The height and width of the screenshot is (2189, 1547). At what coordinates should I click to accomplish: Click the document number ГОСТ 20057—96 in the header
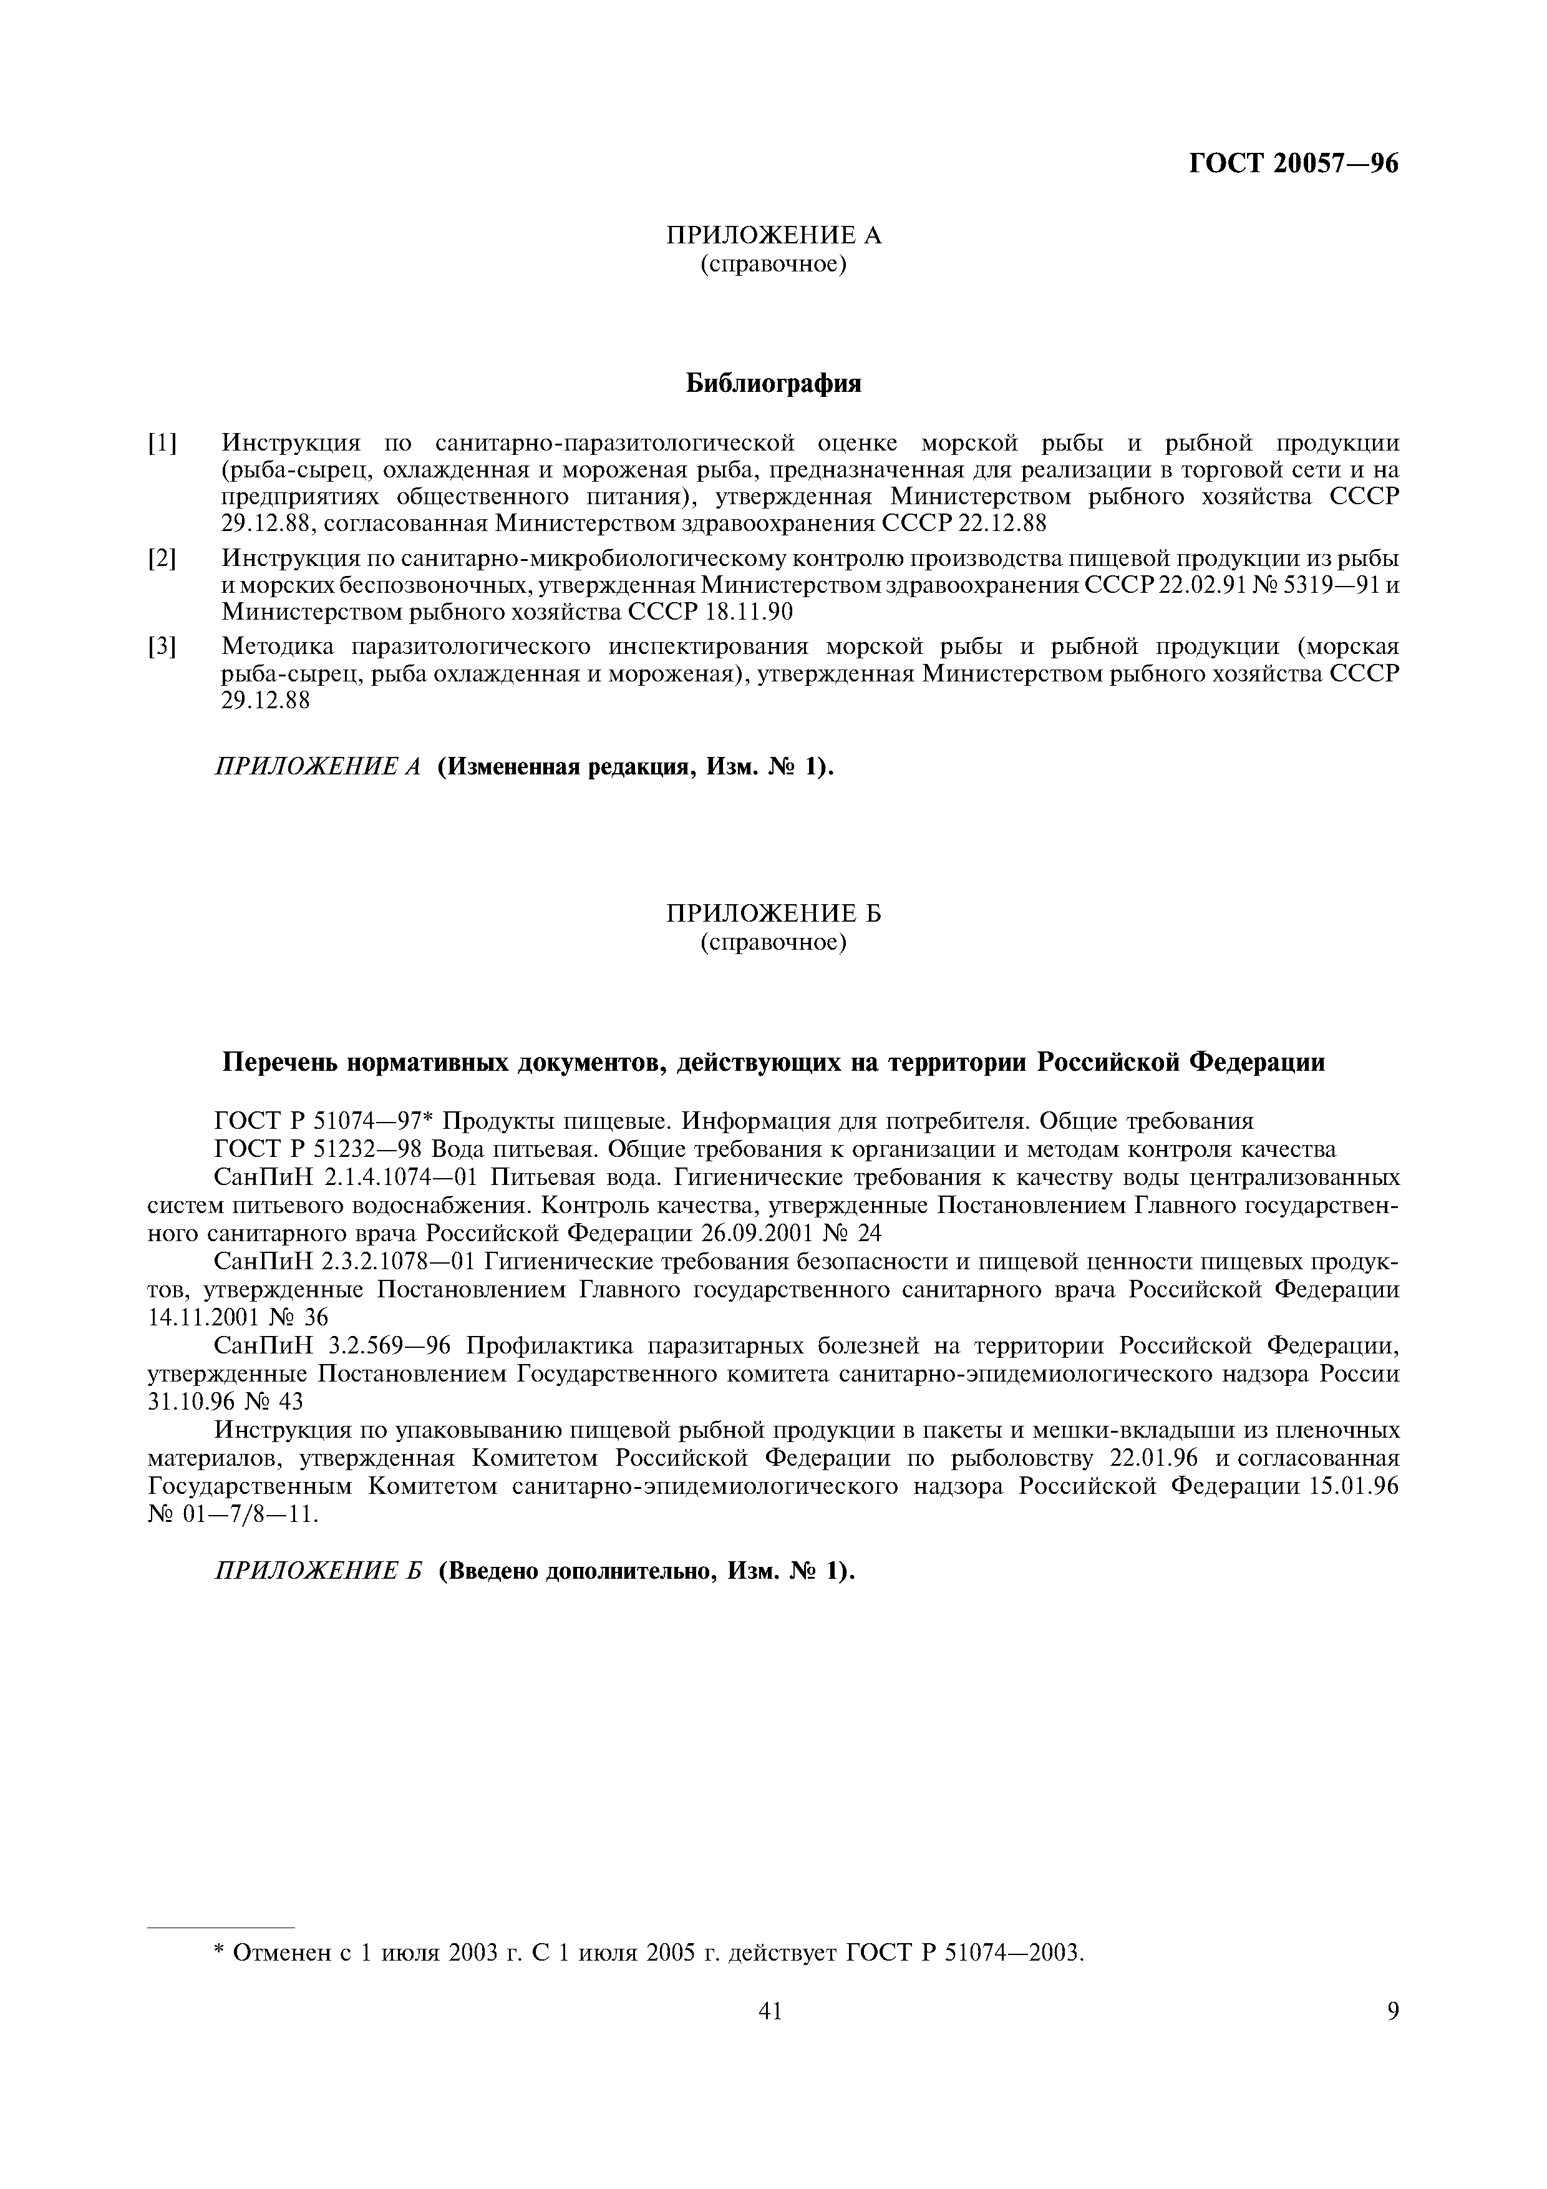point(1294,164)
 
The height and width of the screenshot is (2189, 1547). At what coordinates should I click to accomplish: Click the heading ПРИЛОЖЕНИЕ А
point(773,235)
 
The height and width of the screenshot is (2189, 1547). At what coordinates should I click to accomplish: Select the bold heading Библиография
point(773,384)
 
